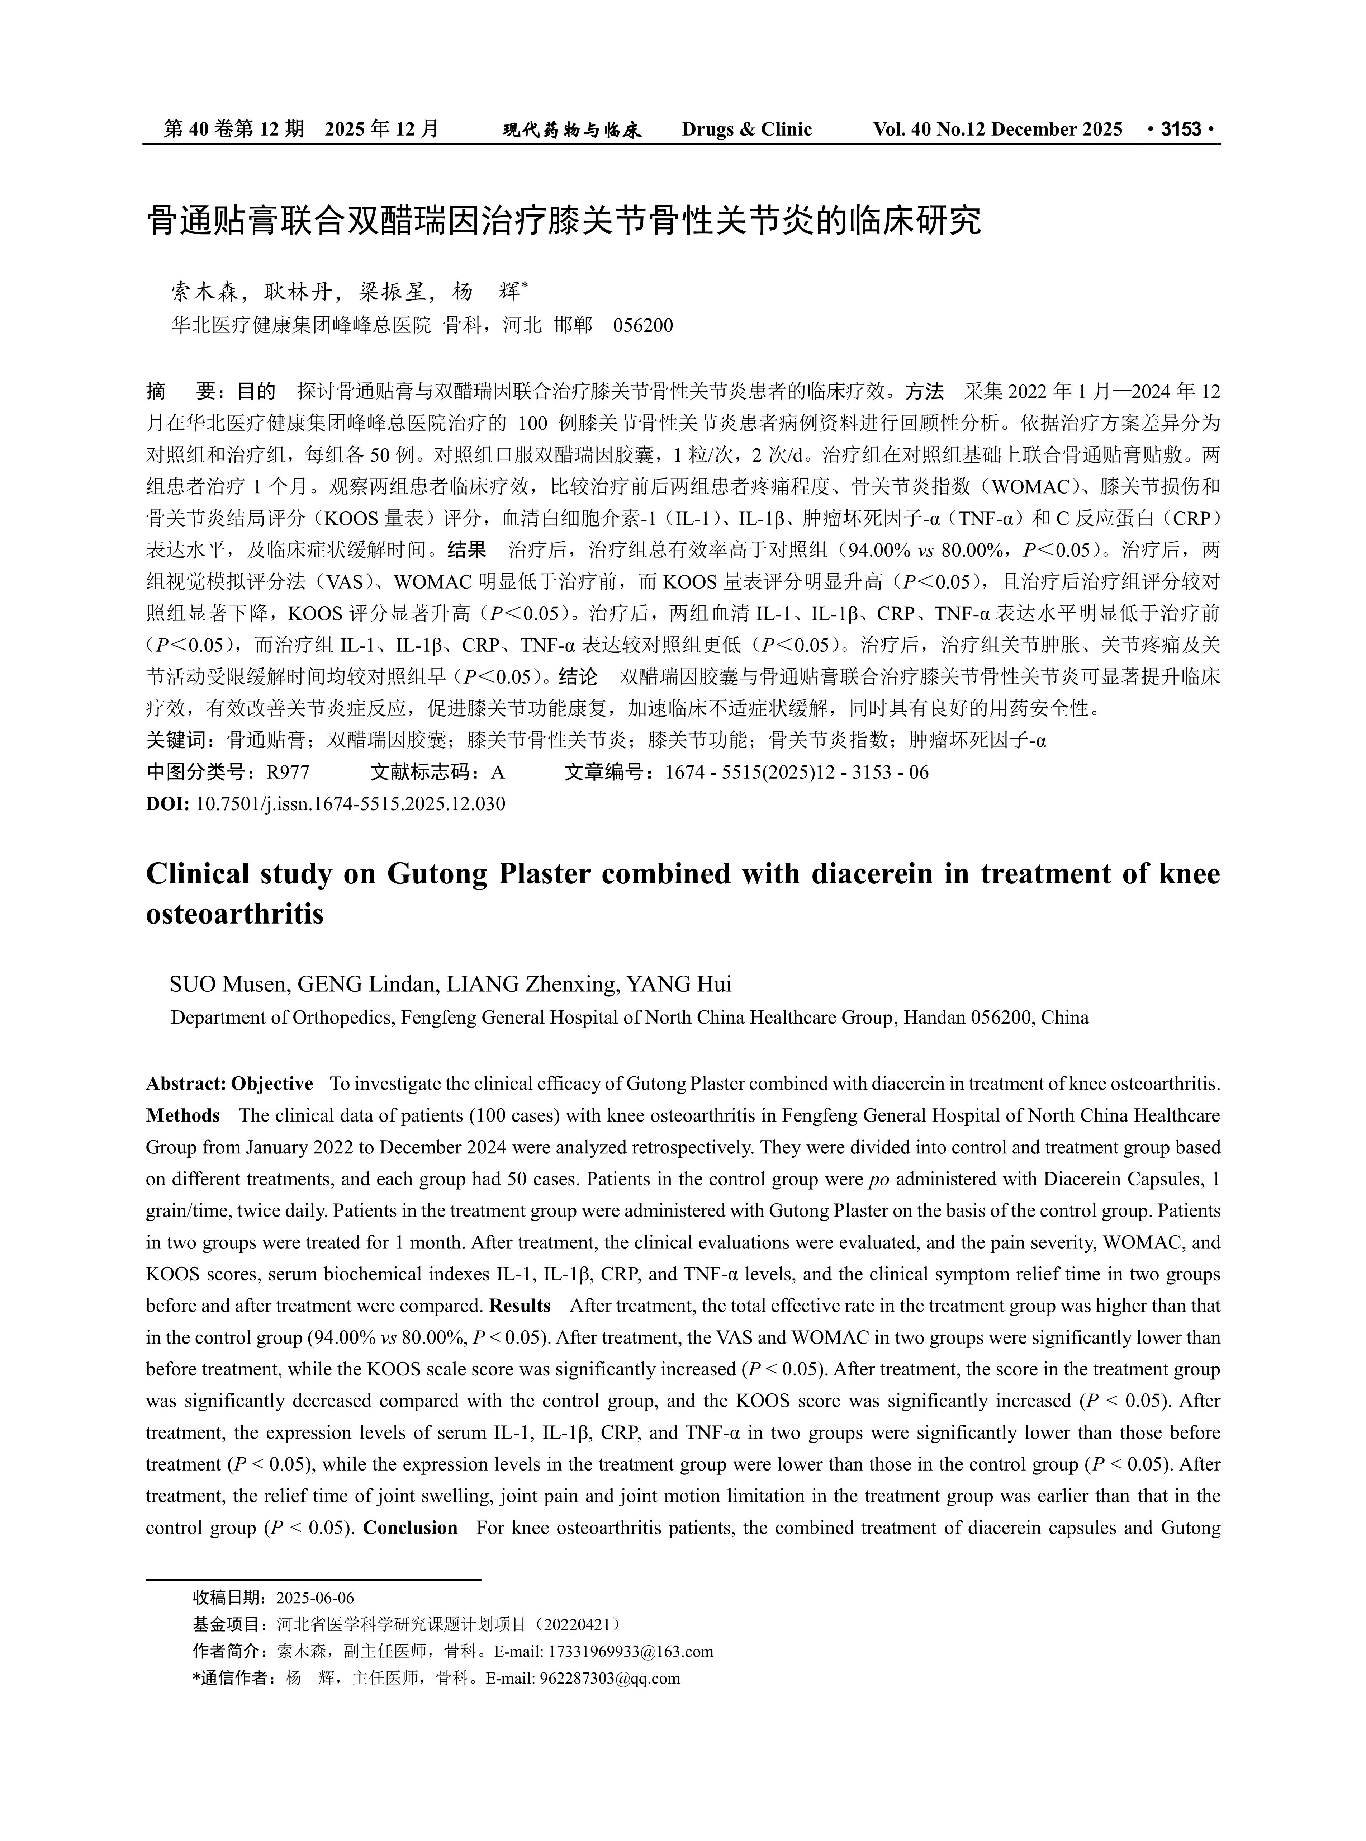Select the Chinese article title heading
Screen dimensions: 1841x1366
point(564,221)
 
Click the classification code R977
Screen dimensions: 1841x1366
point(287,773)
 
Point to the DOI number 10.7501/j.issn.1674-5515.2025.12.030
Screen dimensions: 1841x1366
point(350,804)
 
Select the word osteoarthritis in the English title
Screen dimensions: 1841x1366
point(235,915)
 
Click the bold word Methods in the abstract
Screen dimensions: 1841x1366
point(183,1116)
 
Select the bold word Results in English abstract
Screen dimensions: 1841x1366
point(519,1306)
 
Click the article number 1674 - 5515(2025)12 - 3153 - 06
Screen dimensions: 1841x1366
point(796,773)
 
